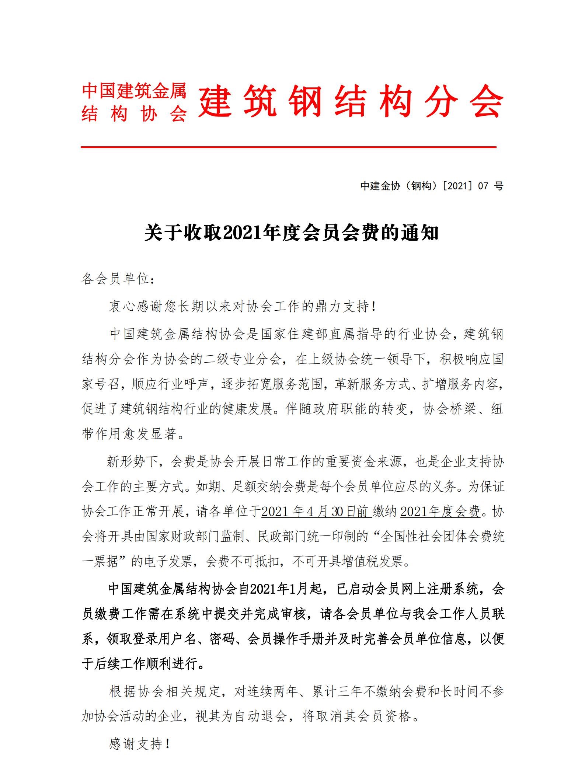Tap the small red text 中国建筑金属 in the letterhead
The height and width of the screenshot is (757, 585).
point(134,90)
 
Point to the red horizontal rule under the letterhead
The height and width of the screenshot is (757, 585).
point(288,147)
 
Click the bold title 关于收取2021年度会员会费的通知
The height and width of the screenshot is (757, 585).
point(291,233)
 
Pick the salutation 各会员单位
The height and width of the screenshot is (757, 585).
point(115,279)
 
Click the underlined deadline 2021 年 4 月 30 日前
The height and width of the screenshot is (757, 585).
point(316,512)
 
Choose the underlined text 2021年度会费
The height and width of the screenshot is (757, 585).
point(440,512)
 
